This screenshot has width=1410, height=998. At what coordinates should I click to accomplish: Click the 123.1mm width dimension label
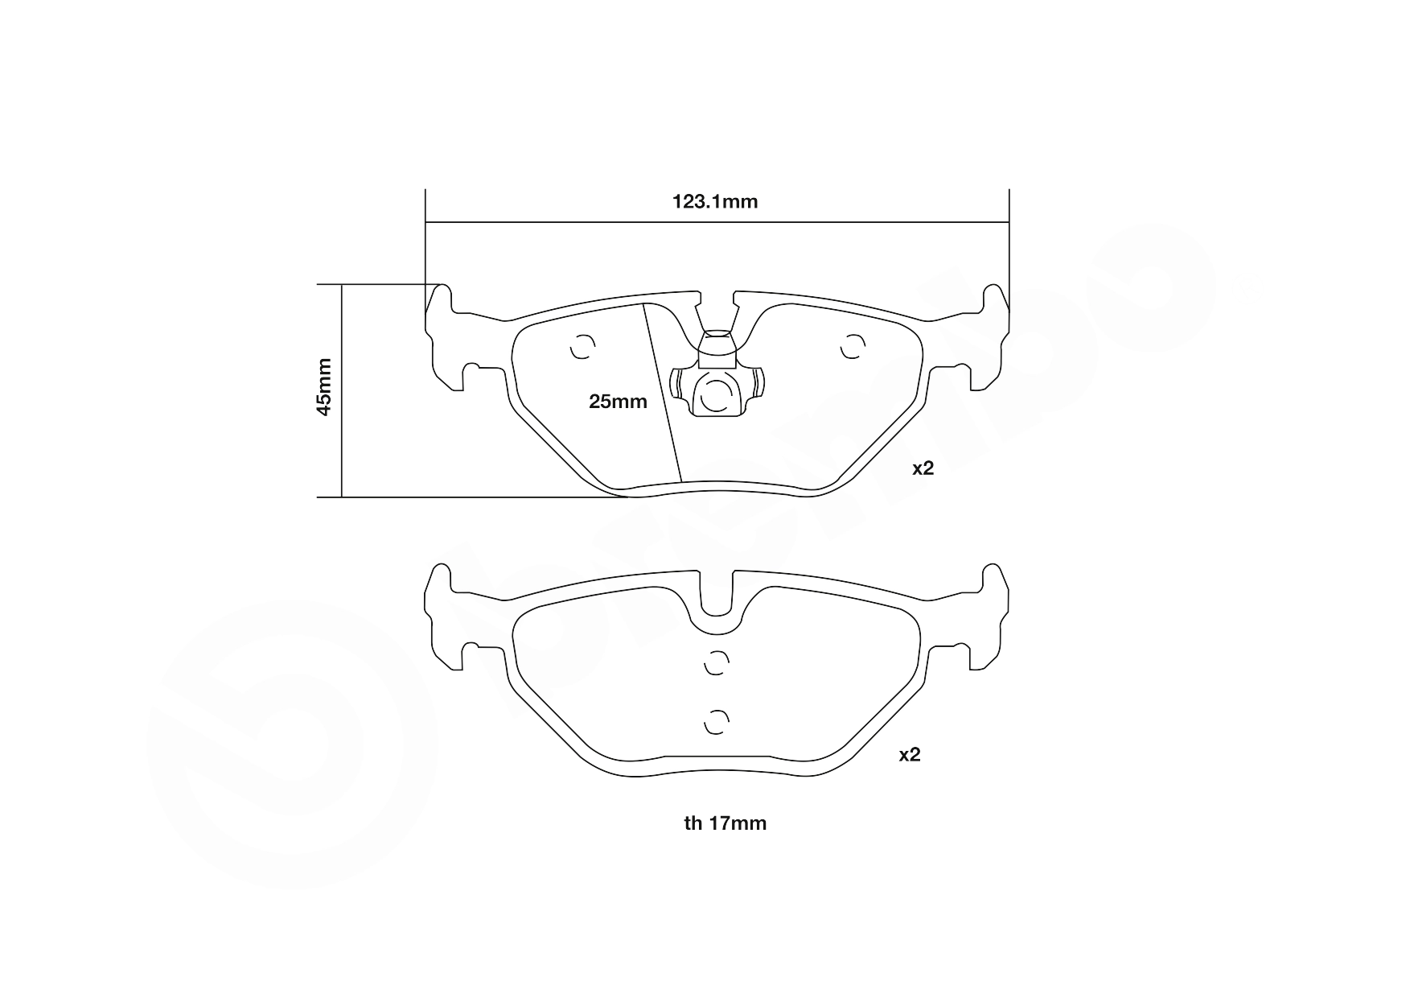click(715, 201)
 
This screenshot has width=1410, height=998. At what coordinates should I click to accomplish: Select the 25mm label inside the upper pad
click(618, 401)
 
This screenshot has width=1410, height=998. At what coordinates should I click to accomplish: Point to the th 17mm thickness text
click(725, 823)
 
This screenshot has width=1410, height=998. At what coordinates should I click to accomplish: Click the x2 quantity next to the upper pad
click(923, 468)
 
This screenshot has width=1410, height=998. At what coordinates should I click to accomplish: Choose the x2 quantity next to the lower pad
click(909, 755)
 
